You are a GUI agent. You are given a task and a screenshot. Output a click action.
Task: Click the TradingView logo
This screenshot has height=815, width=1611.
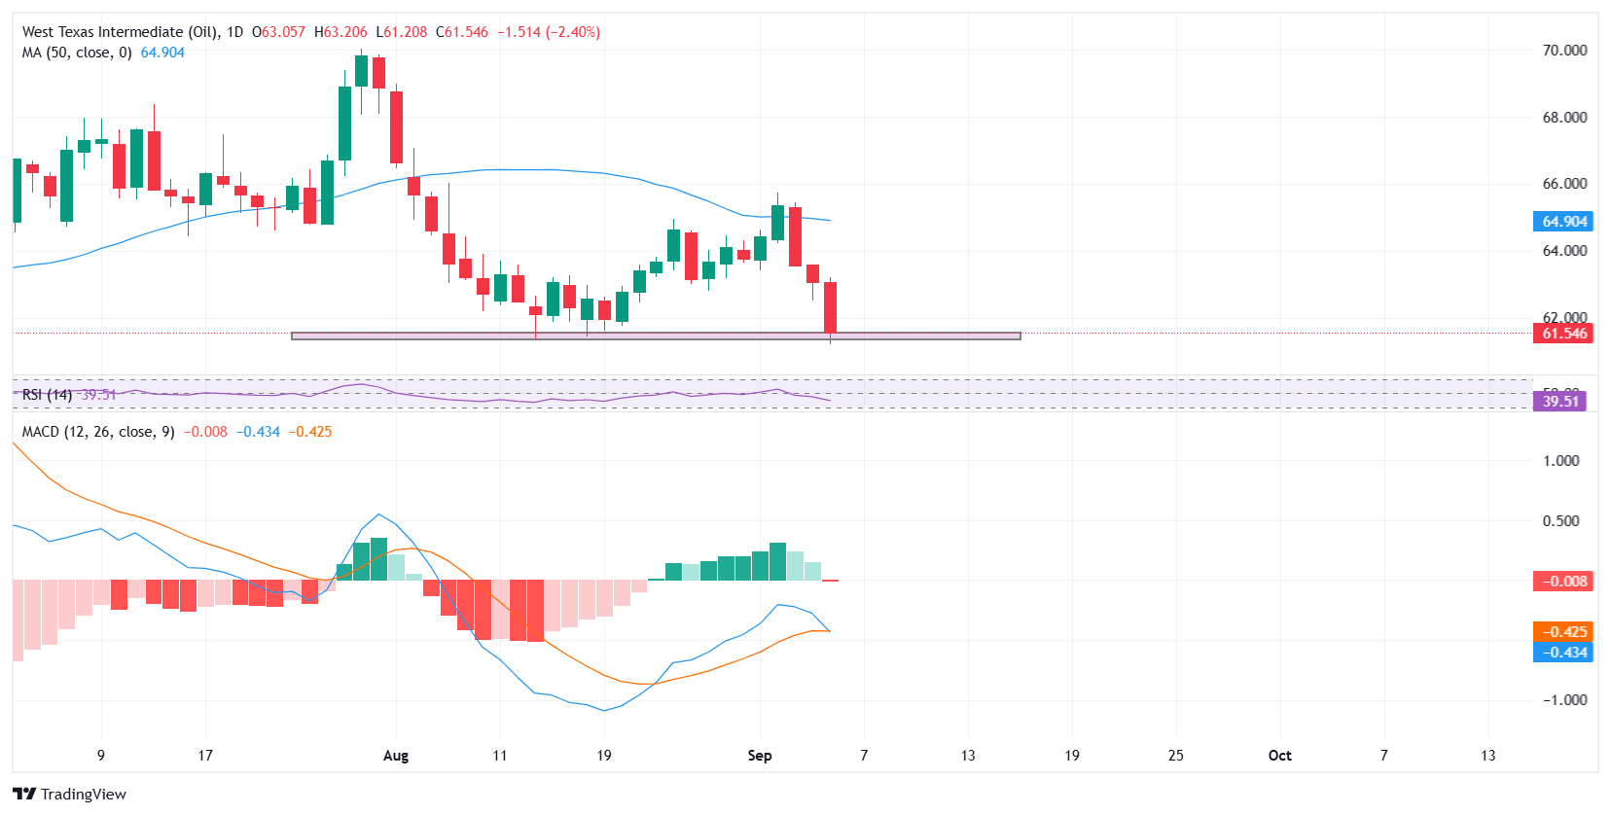(69, 794)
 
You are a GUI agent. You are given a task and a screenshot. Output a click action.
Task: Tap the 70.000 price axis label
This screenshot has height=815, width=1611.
(1564, 50)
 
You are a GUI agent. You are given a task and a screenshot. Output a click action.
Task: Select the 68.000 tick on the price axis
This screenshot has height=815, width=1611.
(1564, 117)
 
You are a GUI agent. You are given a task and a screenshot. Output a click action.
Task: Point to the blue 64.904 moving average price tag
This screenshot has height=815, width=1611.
(1564, 222)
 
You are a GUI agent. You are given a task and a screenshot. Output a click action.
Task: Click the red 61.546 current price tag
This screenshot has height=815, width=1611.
(1564, 334)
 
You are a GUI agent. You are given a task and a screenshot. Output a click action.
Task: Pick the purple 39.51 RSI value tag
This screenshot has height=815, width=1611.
(1559, 401)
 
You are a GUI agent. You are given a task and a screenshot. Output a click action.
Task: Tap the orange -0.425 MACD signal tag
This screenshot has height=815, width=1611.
(1564, 631)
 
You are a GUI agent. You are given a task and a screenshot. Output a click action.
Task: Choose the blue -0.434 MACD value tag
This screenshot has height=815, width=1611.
(1564, 653)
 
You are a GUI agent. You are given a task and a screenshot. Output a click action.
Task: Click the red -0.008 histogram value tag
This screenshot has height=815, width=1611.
(1564, 582)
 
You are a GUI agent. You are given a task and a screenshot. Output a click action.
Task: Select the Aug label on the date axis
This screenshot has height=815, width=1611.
(396, 756)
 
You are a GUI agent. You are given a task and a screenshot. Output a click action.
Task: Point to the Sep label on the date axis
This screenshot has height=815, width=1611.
(760, 756)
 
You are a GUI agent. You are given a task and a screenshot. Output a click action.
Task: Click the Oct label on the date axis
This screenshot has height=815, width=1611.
(1279, 756)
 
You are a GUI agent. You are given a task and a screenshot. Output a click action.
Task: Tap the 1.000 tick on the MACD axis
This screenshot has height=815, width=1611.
(1560, 461)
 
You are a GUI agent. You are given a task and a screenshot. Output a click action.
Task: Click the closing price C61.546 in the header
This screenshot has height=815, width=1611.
(462, 32)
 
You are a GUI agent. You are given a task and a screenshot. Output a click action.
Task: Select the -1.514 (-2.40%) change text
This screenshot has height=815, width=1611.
(549, 32)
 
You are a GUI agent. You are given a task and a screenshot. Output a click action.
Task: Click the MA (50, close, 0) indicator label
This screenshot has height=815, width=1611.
(77, 53)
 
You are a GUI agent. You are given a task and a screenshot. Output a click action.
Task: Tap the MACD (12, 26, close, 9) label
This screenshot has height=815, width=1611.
(98, 432)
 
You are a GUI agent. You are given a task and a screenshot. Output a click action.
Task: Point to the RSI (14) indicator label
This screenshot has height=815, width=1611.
(47, 395)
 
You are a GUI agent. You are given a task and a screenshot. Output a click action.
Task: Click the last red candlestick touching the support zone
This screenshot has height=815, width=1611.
(830, 307)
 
